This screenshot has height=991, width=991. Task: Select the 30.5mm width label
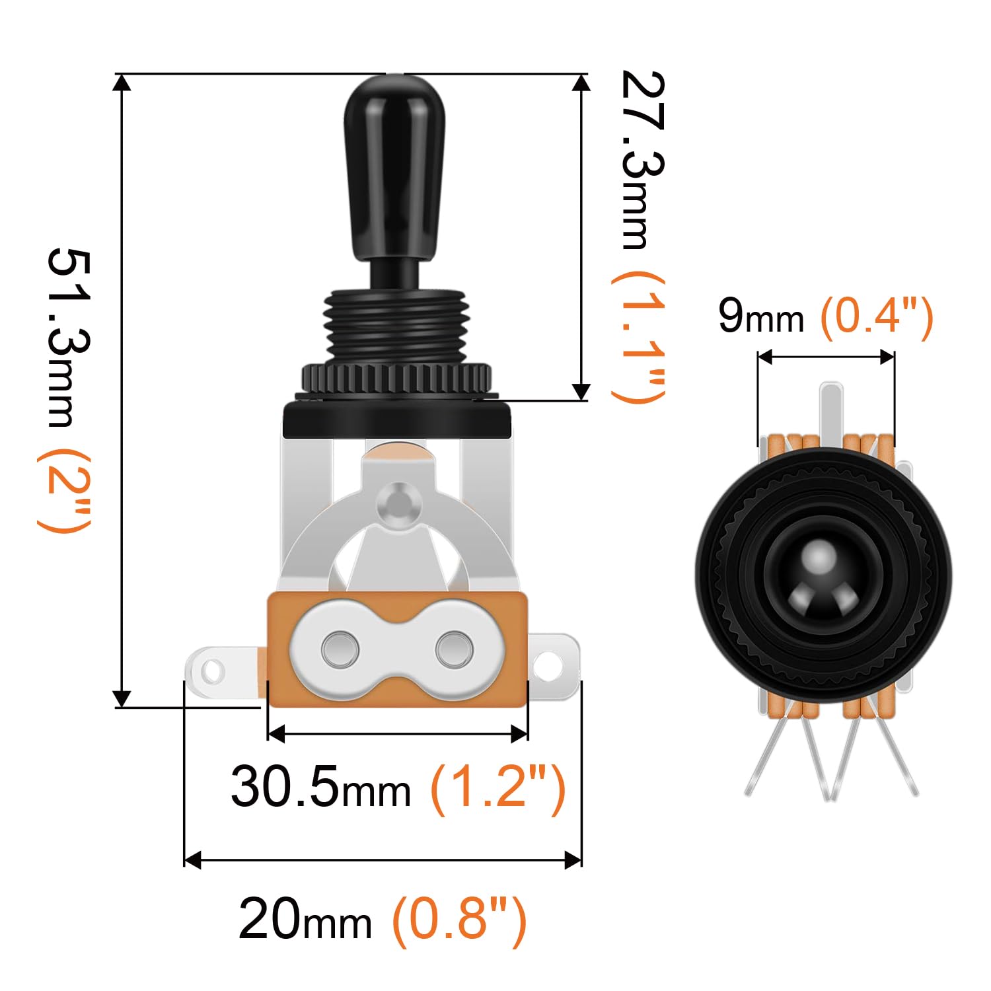pos(320,786)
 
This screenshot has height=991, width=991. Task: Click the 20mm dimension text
pos(305,918)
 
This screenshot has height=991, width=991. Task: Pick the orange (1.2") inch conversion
pos(497,786)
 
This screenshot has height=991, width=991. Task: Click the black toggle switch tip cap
pos(395,165)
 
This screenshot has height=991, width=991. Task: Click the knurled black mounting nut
pos(396,379)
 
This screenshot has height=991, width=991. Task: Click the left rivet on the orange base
pos(340,648)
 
